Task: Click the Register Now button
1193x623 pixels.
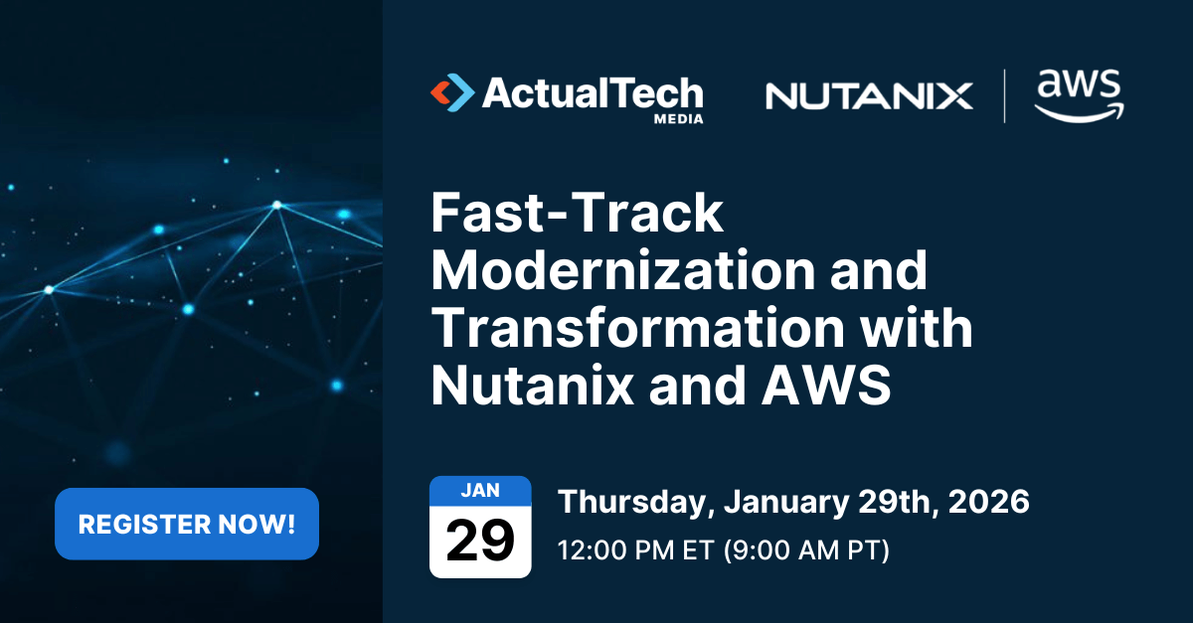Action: click(x=187, y=524)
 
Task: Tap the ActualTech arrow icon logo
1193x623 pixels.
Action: click(x=452, y=92)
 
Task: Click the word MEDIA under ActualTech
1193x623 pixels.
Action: click(x=678, y=118)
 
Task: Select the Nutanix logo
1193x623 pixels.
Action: click(x=869, y=96)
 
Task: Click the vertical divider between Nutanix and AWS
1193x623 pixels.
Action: click(x=1004, y=96)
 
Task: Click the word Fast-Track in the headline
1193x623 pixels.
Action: click(x=578, y=215)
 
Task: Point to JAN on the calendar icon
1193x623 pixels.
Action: click(x=480, y=490)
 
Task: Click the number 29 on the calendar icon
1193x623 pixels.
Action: click(x=480, y=541)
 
